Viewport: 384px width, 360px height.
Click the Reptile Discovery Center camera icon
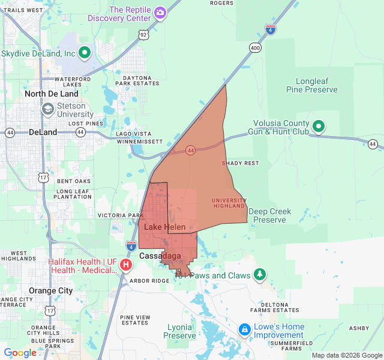(x=160, y=13)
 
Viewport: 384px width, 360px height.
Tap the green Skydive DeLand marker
(x=85, y=53)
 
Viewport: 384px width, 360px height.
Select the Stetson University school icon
(x=47, y=110)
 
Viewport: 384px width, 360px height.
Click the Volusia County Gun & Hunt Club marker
(x=319, y=127)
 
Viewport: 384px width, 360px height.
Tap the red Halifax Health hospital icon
(x=126, y=265)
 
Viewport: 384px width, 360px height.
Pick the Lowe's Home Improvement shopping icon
(x=244, y=330)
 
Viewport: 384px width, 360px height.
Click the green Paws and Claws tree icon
(x=259, y=275)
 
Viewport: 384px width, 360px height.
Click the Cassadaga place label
(x=160, y=256)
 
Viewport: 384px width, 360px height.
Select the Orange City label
(x=51, y=290)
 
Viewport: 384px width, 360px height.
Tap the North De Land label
(x=52, y=94)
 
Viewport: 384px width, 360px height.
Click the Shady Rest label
(x=240, y=163)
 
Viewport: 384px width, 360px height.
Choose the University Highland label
(x=229, y=203)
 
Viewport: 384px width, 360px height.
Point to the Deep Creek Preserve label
(x=269, y=215)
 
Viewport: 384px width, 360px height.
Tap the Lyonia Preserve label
(x=180, y=331)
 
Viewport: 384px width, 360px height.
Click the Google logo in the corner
(x=20, y=353)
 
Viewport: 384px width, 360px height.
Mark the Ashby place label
(x=359, y=328)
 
